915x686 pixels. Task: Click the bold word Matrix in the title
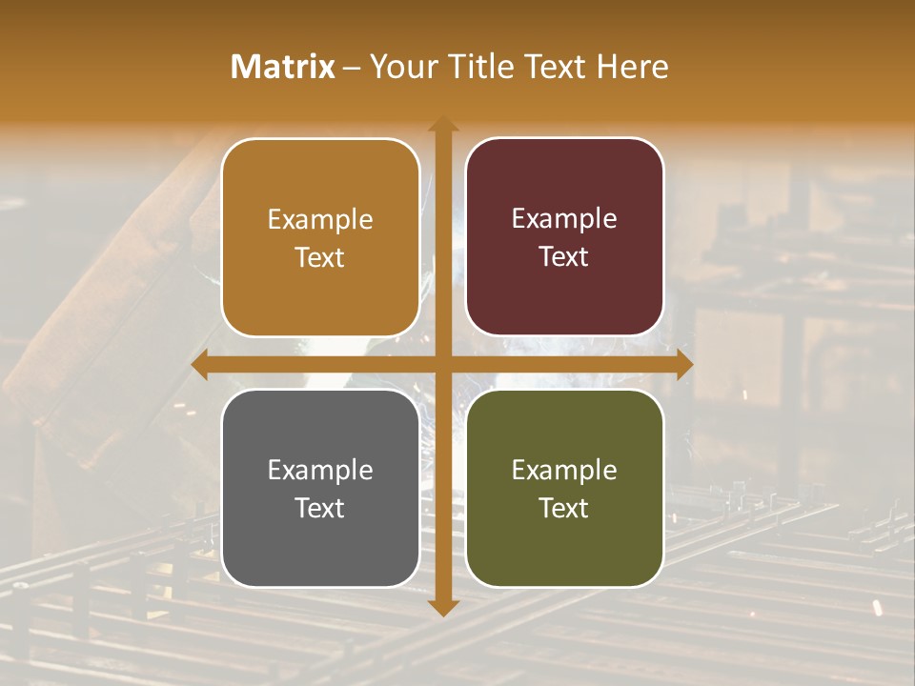tap(283, 67)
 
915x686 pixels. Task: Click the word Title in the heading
tap(476, 67)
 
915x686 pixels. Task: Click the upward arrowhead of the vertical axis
tap(442, 124)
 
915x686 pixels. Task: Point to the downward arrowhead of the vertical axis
tap(442, 607)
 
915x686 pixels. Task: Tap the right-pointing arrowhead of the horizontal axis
tap(683, 365)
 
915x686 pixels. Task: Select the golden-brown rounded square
tap(320, 238)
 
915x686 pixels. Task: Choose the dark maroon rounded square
tap(564, 237)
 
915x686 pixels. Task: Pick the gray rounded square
tap(320, 488)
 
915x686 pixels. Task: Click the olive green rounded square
tap(564, 488)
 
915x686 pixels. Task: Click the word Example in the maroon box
tap(564, 219)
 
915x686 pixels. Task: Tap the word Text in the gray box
tap(320, 508)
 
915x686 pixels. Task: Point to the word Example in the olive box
tap(564, 470)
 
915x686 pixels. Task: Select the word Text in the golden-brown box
tap(320, 257)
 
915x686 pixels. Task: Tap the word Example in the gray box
tap(320, 470)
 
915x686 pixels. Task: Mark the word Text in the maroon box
tap(564, 256)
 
